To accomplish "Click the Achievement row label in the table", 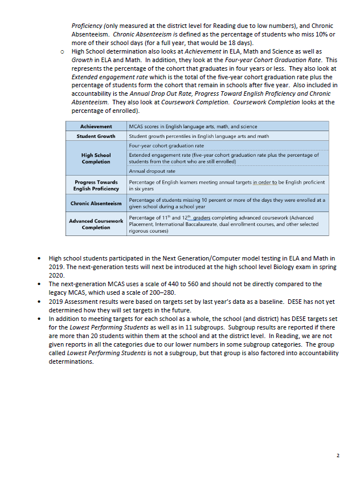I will coord(96,126).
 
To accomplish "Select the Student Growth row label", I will coord(96,136).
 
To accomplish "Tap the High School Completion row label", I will coord(96,158).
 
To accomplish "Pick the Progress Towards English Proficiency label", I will coord(96,185).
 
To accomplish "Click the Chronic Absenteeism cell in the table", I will coord(96,203).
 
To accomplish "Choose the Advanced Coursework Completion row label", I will coord(96,224).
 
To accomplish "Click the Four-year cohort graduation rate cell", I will coord(166,145).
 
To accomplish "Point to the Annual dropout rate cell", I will coord(152,170).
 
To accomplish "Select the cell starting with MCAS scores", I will coord(193,126).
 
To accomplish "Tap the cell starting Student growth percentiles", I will coord(199,136).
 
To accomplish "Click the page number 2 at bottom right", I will coord(338,455).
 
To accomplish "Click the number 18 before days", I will coord(216,43).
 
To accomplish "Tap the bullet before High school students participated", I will coord(38,259).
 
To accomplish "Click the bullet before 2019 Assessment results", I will coord(38,300).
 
